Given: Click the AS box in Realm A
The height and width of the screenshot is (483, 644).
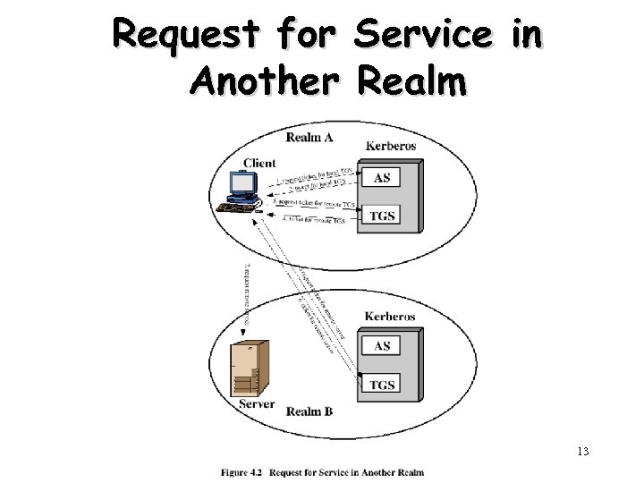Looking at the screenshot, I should coord(382,177).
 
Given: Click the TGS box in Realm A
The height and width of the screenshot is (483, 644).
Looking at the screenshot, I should coord(382,216).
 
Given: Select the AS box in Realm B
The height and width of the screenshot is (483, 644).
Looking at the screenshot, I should coord(382,346).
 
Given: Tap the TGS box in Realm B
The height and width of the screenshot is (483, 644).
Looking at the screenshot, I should coord(382,385).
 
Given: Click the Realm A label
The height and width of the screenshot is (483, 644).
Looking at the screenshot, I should coord(309,137).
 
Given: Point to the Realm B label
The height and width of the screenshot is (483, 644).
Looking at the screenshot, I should coord(309,411).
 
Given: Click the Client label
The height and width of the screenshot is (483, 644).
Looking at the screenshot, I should coord(259,163).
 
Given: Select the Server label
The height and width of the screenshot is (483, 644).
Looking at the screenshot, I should coord(257,404).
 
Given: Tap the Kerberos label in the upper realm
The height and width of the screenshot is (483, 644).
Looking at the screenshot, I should coord(392,145).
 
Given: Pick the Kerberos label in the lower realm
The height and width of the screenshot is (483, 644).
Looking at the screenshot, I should coord(390,317).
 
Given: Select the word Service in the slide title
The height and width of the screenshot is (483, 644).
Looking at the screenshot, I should coord(423,36).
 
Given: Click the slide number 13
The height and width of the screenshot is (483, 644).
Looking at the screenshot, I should coord(582,451).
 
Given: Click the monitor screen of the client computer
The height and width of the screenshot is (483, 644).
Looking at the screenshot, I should coord(241,182).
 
